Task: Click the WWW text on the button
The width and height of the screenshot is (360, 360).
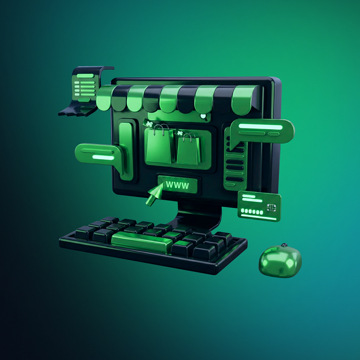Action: tap(178, 185)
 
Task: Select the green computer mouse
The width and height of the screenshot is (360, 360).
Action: tap(280, 261)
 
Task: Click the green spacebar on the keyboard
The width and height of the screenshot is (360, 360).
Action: tap(142, 242)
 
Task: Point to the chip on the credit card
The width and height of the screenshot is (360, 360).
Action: tap(271, 207)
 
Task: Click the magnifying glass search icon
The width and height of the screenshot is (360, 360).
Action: tap(204, 117)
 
